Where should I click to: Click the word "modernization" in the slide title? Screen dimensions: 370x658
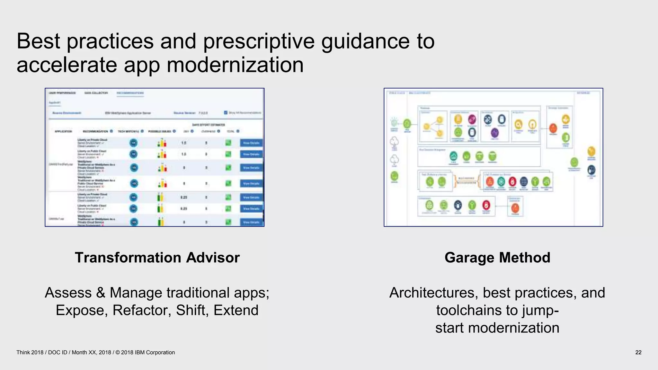235,65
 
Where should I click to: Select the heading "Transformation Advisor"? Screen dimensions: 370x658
157,258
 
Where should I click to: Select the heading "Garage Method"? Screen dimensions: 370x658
497,258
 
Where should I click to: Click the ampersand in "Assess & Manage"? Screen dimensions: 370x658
101,293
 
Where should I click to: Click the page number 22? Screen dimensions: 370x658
638,352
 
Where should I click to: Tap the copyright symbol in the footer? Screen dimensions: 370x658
117,352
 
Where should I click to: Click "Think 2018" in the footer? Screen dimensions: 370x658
30,352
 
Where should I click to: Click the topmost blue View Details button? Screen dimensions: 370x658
251,143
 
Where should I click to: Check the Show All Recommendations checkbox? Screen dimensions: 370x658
226,113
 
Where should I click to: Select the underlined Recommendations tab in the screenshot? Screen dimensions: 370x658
130,93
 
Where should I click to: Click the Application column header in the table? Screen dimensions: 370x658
63,131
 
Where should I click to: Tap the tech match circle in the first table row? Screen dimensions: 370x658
134,143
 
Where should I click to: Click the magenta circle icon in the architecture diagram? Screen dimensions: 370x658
472,119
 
